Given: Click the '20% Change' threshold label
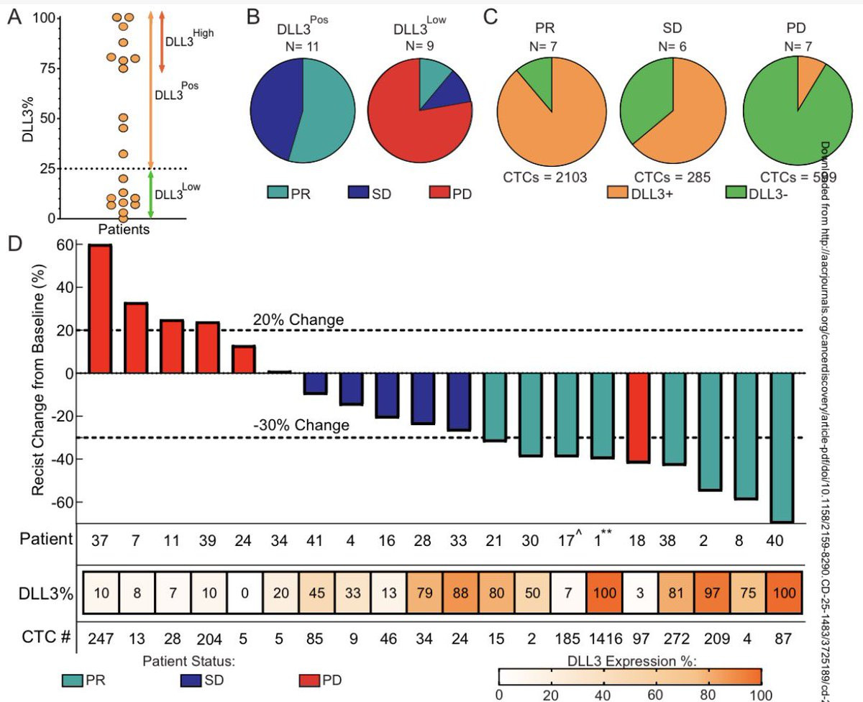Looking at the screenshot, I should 297,320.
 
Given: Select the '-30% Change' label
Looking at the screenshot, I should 301,425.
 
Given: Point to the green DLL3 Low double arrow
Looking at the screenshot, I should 151,193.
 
